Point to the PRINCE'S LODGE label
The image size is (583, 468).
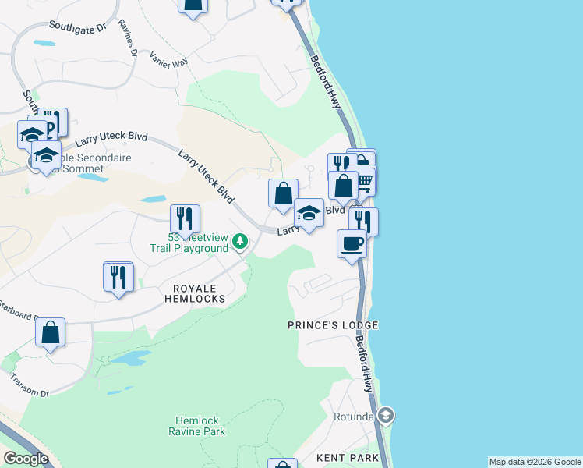(333, 324)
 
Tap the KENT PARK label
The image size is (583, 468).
(348, 458)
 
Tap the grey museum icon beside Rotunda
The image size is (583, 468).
(386, 415)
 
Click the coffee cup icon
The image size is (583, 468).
(352, 243)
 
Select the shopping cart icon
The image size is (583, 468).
(363, 183)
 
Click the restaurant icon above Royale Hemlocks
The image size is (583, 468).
(118, 276)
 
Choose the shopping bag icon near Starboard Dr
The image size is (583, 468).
(51, 332)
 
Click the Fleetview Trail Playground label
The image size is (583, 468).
(190, 243)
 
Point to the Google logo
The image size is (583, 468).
(26, 459)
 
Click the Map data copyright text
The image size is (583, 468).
(535, 462)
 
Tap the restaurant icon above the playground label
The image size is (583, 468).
(185, 218)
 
